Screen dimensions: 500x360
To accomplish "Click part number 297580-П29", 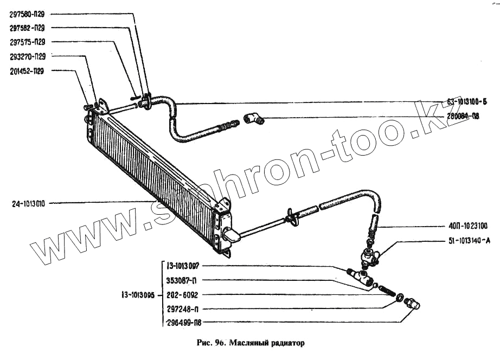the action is click(26, 15).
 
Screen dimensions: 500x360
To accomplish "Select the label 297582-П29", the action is click(26, 28).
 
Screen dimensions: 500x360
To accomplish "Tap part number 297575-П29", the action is click(26, 42).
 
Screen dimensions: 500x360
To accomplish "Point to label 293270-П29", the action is click(26, 56).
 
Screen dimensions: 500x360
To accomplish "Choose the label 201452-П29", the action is click(26, 70).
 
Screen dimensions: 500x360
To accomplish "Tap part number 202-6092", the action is click(182, 296).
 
